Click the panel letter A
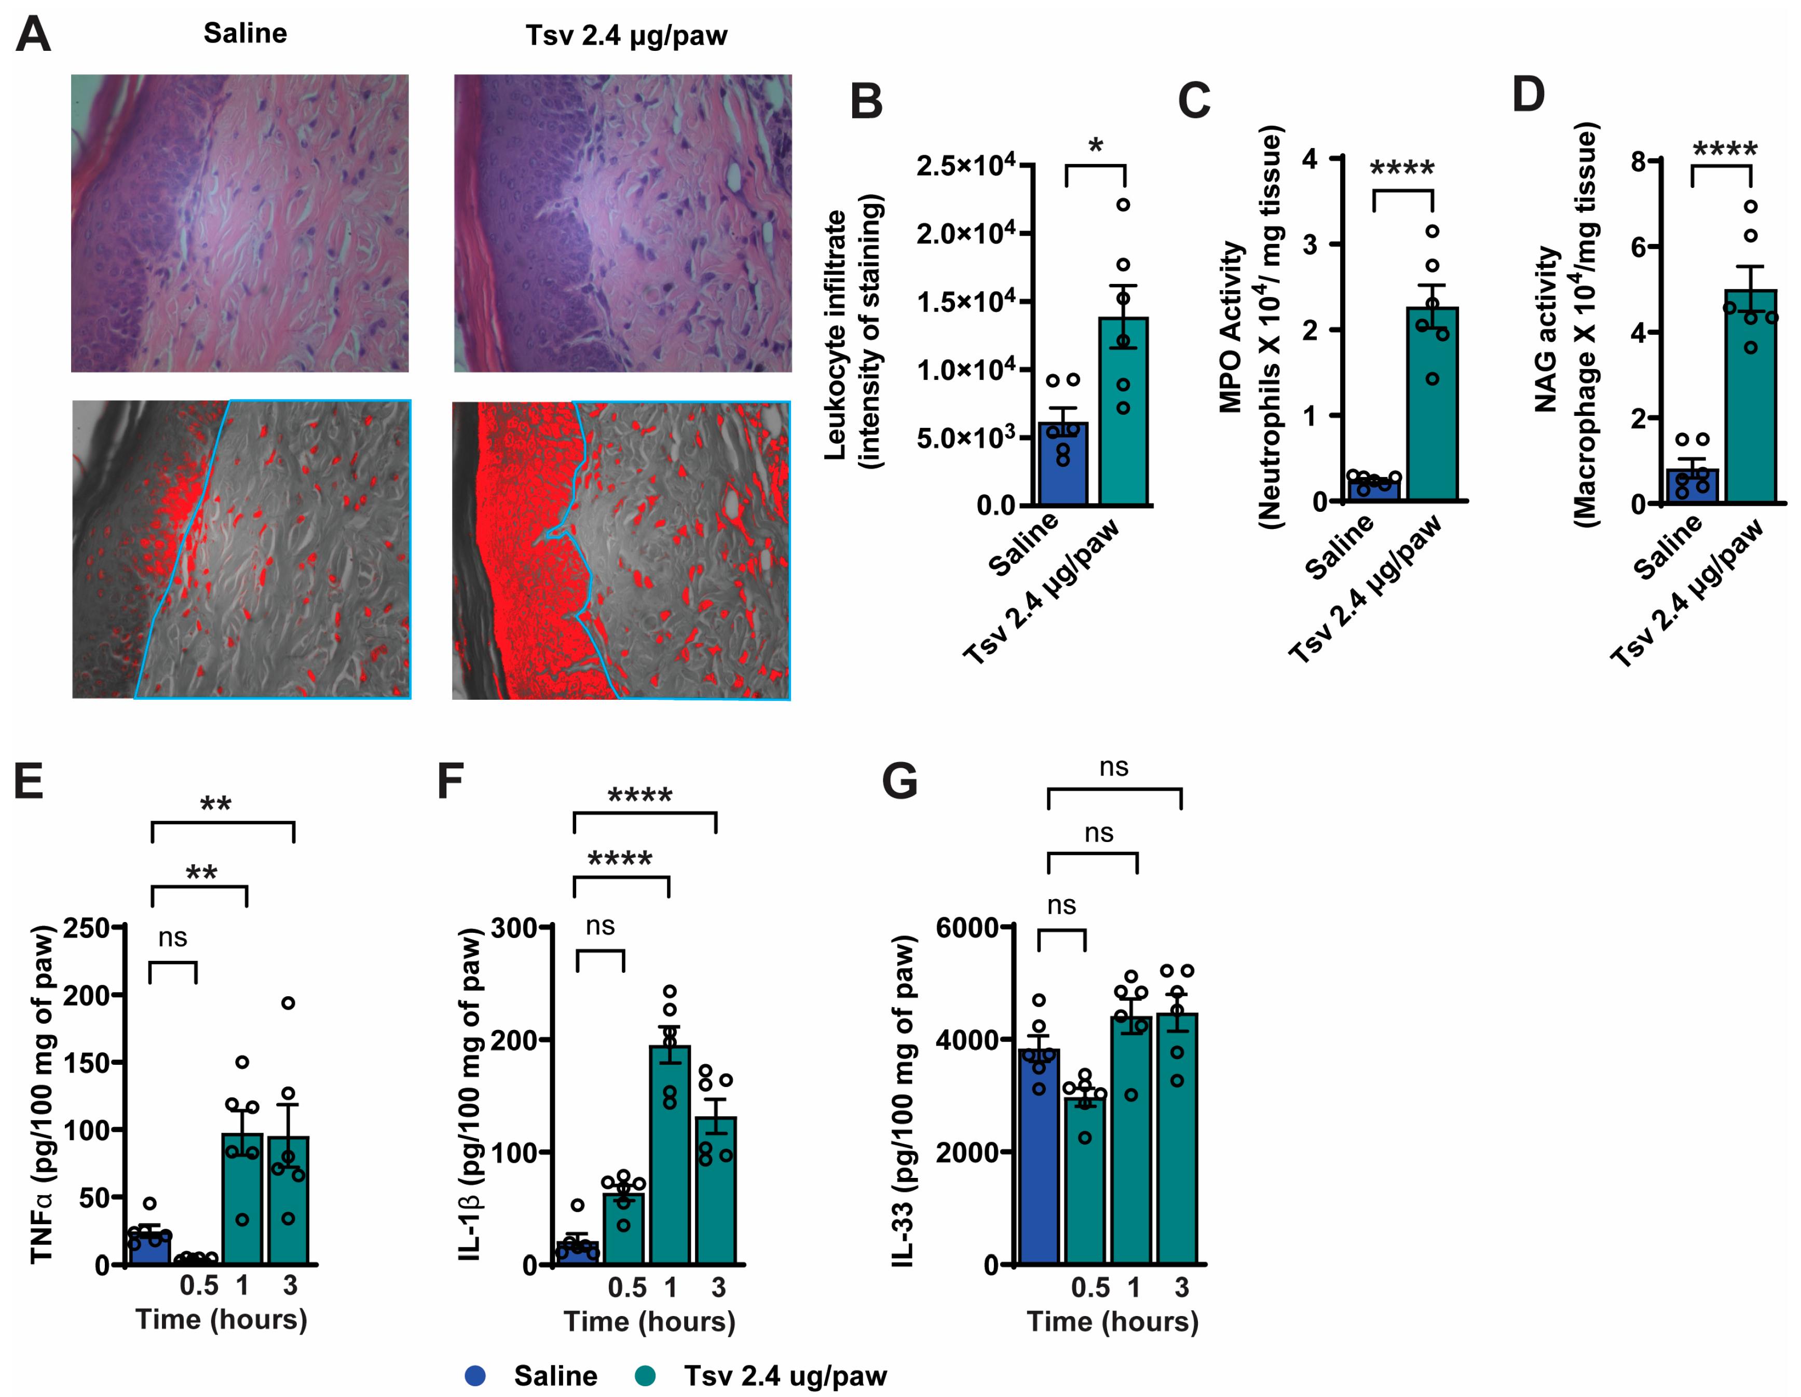[33, 35]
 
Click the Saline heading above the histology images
[245, 33]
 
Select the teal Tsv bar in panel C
[1432, 404]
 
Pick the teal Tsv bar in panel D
[1750, 396]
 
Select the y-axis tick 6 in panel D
[1640, 247]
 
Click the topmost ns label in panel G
[1113, 767]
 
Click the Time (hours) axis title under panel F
[649, 1321]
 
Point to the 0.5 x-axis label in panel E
[199, 1285]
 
